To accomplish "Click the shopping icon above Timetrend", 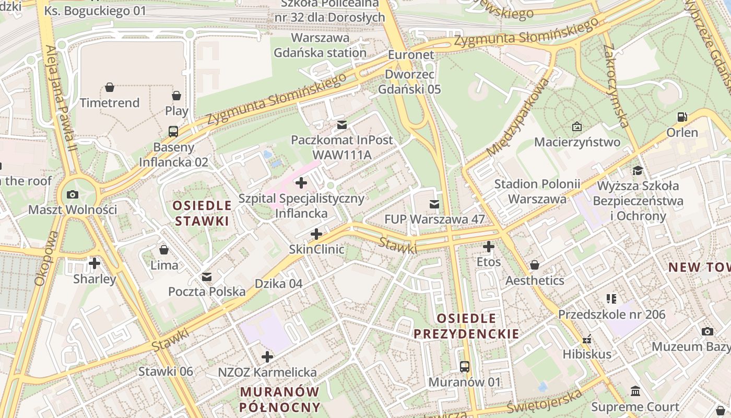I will pyautogui.click(x=110, y=87).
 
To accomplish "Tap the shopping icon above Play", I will pyautogui.click(x=176, y=96).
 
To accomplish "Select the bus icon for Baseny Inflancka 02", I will pyautogui.click(x=173, y=132).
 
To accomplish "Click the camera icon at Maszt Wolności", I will pyautogui.click(x=73, y=195).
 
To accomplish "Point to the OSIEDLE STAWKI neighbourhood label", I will pyautogui.click(x=202, y=213).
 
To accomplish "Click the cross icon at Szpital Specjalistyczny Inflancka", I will pyautogui.click(x=301, y=183).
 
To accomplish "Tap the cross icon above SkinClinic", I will pyautogui.click(x=316, y=234).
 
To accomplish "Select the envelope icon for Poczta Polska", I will pyautogui.click(x=207, y=276).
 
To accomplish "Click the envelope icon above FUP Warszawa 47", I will pyautogui.click(x=434, y=204).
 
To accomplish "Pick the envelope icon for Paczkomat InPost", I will pyautogui.click(x=341, y=125).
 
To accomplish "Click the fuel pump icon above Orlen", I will pyautogui.click(x=682, y=117).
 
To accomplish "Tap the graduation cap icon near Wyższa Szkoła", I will pyautogui.click(x=638, y=170).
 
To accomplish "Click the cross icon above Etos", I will pyautogui.click(x=489, y=247).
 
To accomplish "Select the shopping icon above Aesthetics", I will pyautogui.click(x=534, y=265).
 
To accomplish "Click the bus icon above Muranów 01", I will pyautogui.click(x=465, y=367).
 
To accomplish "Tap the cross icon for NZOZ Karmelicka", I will pyautogui.click(x=267, y=357).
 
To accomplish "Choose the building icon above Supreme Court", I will pyautogui.click(x=635, y=391).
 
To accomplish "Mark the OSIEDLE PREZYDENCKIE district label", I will pyautogui.click(x=466, y=326).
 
